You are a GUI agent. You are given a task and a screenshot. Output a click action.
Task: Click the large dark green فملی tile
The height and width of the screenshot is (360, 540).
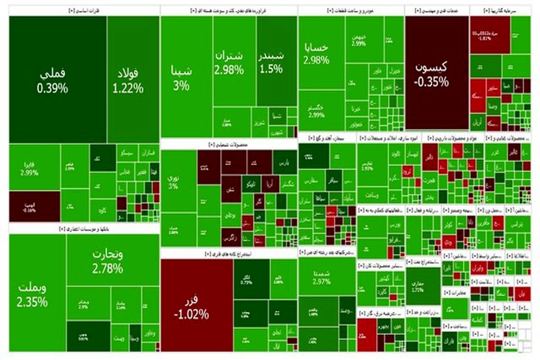pyautogui.click(x=53, y=79)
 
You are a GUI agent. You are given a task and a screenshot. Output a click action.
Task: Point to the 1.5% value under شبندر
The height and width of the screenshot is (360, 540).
pyautogui.click(x=271, y=69)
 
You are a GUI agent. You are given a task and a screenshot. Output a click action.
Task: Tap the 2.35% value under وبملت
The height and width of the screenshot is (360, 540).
pyautogui.click(x=32, y=302)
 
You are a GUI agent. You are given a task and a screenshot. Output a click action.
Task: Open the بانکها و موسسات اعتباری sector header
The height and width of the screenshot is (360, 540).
pyautogui.click(x=83, y=229)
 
